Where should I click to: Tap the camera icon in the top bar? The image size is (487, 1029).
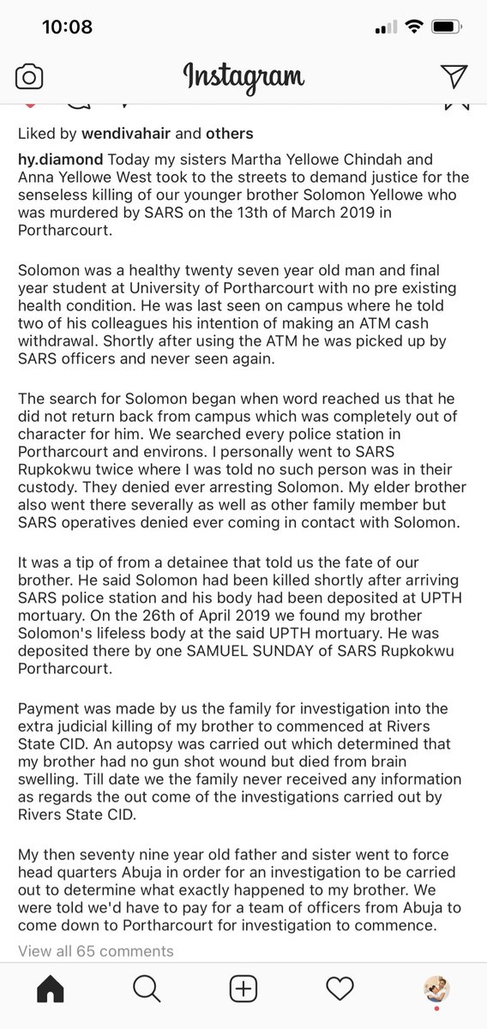point(29,77)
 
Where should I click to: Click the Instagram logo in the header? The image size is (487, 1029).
point(243,77)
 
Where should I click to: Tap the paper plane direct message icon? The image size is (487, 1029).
point(454,77)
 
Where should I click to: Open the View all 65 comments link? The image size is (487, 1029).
point(96,951)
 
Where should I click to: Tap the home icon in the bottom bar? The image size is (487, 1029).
point(50,990)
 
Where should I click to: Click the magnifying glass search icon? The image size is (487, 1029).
point(147,990)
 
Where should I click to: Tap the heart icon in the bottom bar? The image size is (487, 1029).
point(340,990)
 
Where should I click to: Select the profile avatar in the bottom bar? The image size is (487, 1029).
point(437,990)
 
